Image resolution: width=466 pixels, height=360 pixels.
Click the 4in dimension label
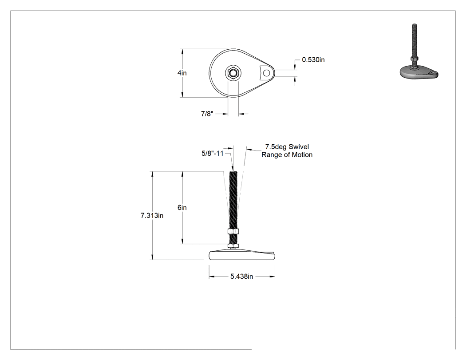[182, 73]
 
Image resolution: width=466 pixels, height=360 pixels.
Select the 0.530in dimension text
[313, 60]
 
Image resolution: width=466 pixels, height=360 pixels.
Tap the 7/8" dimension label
[207, 114]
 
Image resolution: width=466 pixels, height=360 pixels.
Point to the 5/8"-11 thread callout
[212, 154]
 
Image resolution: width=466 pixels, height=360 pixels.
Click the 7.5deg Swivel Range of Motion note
[287, 151]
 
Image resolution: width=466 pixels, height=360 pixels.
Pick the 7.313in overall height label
[152, 216]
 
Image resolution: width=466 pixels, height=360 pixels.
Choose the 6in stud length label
[182, 207]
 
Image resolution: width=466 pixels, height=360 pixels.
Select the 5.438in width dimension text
[241, 277]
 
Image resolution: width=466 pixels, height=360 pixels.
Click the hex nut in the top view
[233, 73]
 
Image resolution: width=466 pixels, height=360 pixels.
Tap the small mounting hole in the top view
[267, 73]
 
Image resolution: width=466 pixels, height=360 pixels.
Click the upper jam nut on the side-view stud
[233, 231]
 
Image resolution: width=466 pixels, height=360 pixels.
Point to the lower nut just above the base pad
[233, 246]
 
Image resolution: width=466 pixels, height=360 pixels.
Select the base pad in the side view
[242, 255]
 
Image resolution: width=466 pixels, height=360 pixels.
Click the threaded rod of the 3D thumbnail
[414, 40]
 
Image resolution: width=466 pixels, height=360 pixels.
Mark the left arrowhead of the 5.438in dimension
[212, 277]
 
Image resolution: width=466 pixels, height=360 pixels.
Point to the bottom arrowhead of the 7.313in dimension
[153, 257]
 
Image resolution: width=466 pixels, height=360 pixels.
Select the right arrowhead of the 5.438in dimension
[272, 277]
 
